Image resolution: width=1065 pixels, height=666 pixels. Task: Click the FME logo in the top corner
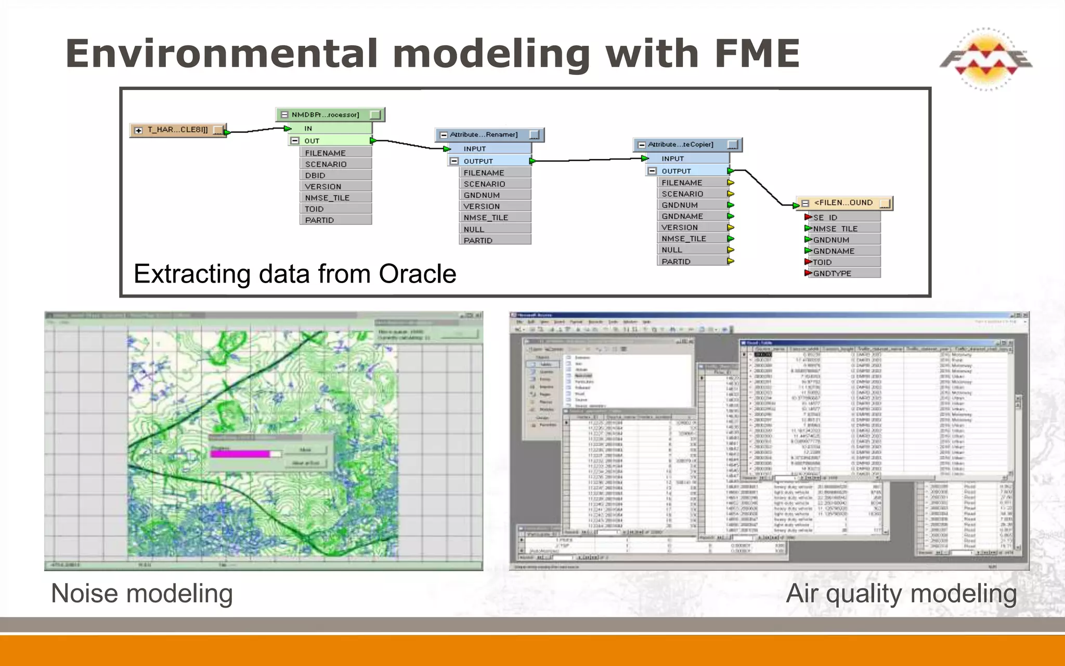coord(985,59)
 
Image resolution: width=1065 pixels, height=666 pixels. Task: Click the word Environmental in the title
coord(222,54)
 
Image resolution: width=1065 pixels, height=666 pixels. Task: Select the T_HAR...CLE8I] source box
coord(177,130)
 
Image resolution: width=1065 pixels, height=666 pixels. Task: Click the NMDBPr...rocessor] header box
coord(326,114)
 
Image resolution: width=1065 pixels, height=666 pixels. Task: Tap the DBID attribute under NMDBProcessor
coord(315,175)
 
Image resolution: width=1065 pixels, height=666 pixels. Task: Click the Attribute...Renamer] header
coord(484,135)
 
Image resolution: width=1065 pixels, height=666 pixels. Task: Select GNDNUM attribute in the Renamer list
coord(482,195)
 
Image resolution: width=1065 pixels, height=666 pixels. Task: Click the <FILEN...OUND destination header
coord(843,203)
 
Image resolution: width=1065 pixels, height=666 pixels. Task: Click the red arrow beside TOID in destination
coord(808,262)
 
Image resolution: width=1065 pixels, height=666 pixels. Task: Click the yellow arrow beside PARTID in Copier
coord(731,261)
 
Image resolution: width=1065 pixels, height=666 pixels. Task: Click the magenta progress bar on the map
coord(240,454)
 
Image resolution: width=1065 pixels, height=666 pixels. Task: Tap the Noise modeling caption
coord(141,594)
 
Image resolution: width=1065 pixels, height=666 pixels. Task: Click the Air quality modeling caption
coord(901,594)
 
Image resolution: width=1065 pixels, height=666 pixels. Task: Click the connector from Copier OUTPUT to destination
coord(763,188)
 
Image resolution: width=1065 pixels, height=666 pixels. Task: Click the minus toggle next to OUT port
coord(295,141)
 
